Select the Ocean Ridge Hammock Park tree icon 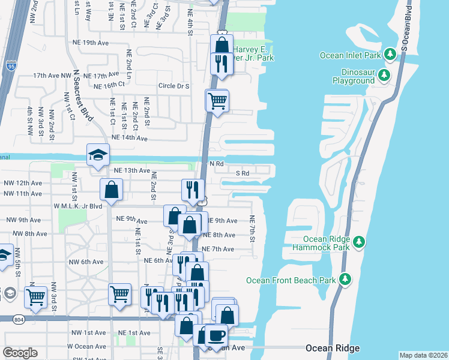point(359,242)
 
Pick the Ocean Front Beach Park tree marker point(345,280)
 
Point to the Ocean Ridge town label point(332,348)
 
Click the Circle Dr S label point(173,86)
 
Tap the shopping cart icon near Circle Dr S point(217,101)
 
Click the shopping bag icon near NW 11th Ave point(112,190)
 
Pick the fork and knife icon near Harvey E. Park point(221,64)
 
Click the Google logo point(20,353)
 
